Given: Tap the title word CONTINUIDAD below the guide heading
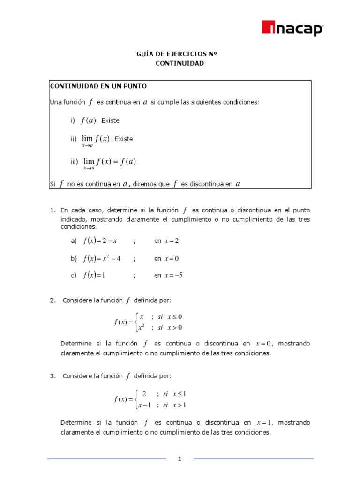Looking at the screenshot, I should click(180, 63).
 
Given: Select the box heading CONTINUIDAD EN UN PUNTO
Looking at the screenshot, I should click(98, 86).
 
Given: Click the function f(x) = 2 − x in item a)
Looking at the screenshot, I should click(100, 241).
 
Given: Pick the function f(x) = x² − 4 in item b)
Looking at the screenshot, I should click(102, 258).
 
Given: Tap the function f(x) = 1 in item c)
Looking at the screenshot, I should click(94, 276).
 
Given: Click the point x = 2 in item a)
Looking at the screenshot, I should click(172, 241).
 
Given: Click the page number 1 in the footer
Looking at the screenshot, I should click(180, 459).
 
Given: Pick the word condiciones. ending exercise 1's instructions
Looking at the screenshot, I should click(78, 226).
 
